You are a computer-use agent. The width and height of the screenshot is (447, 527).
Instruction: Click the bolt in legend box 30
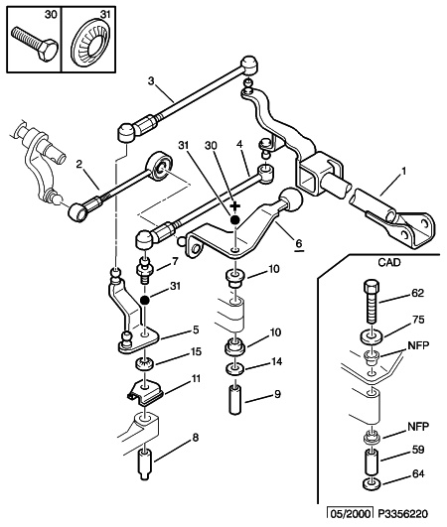tap(34, 44)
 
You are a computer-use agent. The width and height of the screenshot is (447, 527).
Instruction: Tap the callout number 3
tap(151, 81)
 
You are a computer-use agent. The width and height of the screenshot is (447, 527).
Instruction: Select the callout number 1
tap(404, 172)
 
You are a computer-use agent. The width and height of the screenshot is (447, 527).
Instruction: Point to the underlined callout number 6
tap(299, 243)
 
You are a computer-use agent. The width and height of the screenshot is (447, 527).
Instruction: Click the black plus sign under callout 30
tap(235, 205)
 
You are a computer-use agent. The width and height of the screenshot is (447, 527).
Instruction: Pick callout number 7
tap(175, 261)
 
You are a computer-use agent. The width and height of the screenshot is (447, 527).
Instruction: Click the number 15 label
tap(196, 351)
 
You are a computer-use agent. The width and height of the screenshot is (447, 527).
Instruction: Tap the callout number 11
tap(196, 378)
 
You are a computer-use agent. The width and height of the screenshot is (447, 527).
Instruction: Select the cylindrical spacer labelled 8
tap(145, 463)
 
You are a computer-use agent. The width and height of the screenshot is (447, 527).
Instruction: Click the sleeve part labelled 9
tap(236, 401)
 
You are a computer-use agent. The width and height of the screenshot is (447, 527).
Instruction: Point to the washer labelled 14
tap(234, 369)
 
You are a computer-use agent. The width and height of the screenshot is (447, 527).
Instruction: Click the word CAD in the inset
tap(389, 262)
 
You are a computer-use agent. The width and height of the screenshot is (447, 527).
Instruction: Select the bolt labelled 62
tap(372, 301)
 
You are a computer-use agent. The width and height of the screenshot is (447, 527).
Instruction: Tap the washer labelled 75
tap(372, 336)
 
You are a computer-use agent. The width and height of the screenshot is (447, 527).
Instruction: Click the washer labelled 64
tap(372, 483)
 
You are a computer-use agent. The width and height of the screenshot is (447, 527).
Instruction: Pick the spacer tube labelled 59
tap(372, 462)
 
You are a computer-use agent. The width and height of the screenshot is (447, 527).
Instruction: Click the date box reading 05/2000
tap(350, 514)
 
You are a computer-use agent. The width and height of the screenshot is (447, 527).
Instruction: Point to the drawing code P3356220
tap(403, 514)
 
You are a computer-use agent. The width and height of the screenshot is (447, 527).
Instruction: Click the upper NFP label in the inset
tap(418, 345)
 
